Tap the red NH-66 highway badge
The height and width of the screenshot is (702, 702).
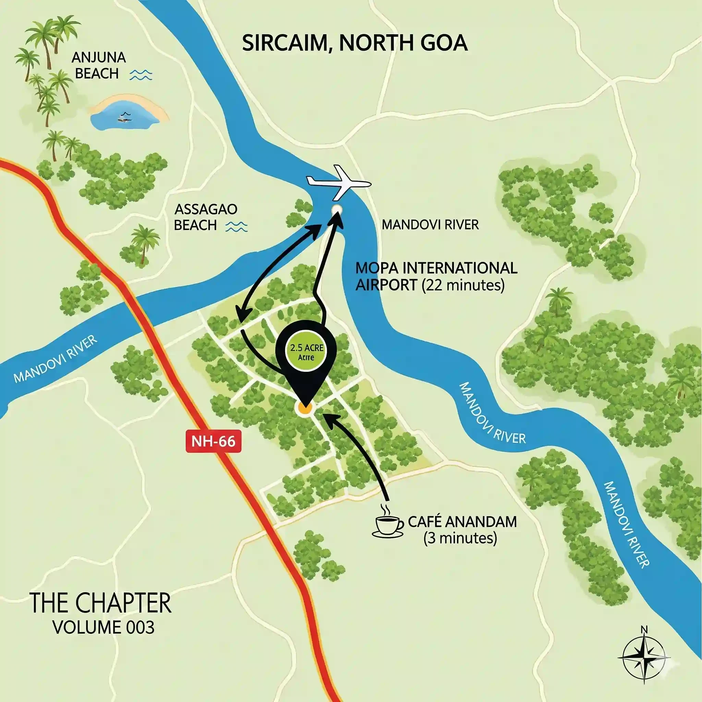tap(213, 441)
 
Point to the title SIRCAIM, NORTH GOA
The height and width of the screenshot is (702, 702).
tap(355, 43)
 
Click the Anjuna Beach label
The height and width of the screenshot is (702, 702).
tap(98, 66)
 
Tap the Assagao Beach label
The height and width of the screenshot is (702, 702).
tap(206, 217)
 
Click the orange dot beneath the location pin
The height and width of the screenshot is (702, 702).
tap(304, 408)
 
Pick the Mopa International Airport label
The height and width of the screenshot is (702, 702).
tap(436, 277)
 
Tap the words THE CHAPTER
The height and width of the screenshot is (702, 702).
tap(100, 603)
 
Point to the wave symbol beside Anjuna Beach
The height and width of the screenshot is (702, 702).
tap(141, 75)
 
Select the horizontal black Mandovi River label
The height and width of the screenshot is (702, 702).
tap(430, 225)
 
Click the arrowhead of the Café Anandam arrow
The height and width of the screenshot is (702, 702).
tap(327, 417)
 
